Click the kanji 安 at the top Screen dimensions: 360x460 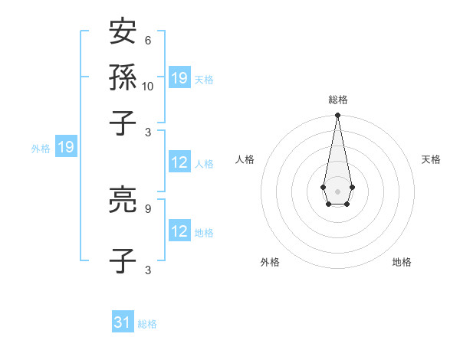123,32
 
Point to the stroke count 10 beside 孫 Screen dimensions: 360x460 148,87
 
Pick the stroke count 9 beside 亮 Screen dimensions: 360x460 147,208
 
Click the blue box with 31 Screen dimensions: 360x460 123,322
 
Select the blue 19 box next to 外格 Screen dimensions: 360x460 66,147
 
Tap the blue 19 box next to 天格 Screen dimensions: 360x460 179,78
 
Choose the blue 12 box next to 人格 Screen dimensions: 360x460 179,162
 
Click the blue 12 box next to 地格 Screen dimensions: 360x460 179,231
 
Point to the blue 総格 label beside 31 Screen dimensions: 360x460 147,324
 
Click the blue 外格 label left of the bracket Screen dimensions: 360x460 41,149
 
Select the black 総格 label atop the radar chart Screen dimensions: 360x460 337,100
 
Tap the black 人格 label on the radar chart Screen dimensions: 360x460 245,159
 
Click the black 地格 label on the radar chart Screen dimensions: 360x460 402,262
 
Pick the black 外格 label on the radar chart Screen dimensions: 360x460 270,262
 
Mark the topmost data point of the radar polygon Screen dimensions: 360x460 337,116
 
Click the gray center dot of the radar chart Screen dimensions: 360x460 337,190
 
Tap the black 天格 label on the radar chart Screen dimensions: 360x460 431,159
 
